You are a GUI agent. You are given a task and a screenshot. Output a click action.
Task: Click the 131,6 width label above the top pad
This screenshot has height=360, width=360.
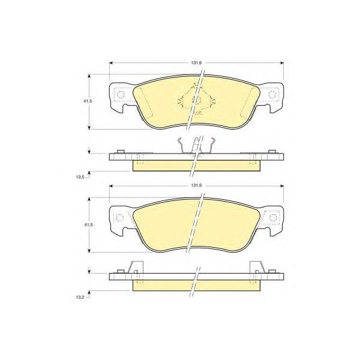click(x=196, y=63)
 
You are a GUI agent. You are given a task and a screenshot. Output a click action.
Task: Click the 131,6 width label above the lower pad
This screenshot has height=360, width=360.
click(x=196, y=186)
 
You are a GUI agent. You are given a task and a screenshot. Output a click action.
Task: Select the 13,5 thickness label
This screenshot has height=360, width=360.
click(x=80, y=177)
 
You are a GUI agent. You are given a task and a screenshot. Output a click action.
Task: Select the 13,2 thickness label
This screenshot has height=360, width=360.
click(x=80, y=298)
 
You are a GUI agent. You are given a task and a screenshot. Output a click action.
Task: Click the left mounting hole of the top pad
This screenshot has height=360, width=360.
click(x=121, y=94)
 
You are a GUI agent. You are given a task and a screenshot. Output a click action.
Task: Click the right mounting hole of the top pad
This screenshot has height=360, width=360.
click(x=272, y=94)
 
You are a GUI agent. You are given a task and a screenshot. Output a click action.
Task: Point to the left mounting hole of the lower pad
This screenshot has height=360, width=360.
click(x=120, y=217)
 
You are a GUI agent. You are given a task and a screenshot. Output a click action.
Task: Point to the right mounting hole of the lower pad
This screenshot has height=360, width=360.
click(x=273, y=217)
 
